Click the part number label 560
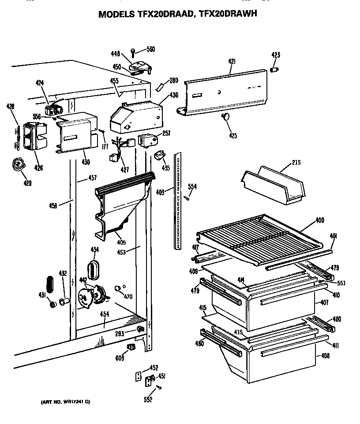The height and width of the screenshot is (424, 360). click(x=150, y=49)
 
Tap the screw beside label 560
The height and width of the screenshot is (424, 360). click(x=134, y=52)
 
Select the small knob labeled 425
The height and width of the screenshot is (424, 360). click(x=226, y=117)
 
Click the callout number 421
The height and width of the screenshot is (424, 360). click(x=232, y=62)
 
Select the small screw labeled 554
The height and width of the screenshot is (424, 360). click(x=187, y=198)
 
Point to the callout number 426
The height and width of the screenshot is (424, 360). click(x=39, y=167)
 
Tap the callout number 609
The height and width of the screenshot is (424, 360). click(x=119, y=358)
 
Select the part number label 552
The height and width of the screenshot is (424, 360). click(x=148, y=399)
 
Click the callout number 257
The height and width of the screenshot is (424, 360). click(x=167, y=134)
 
